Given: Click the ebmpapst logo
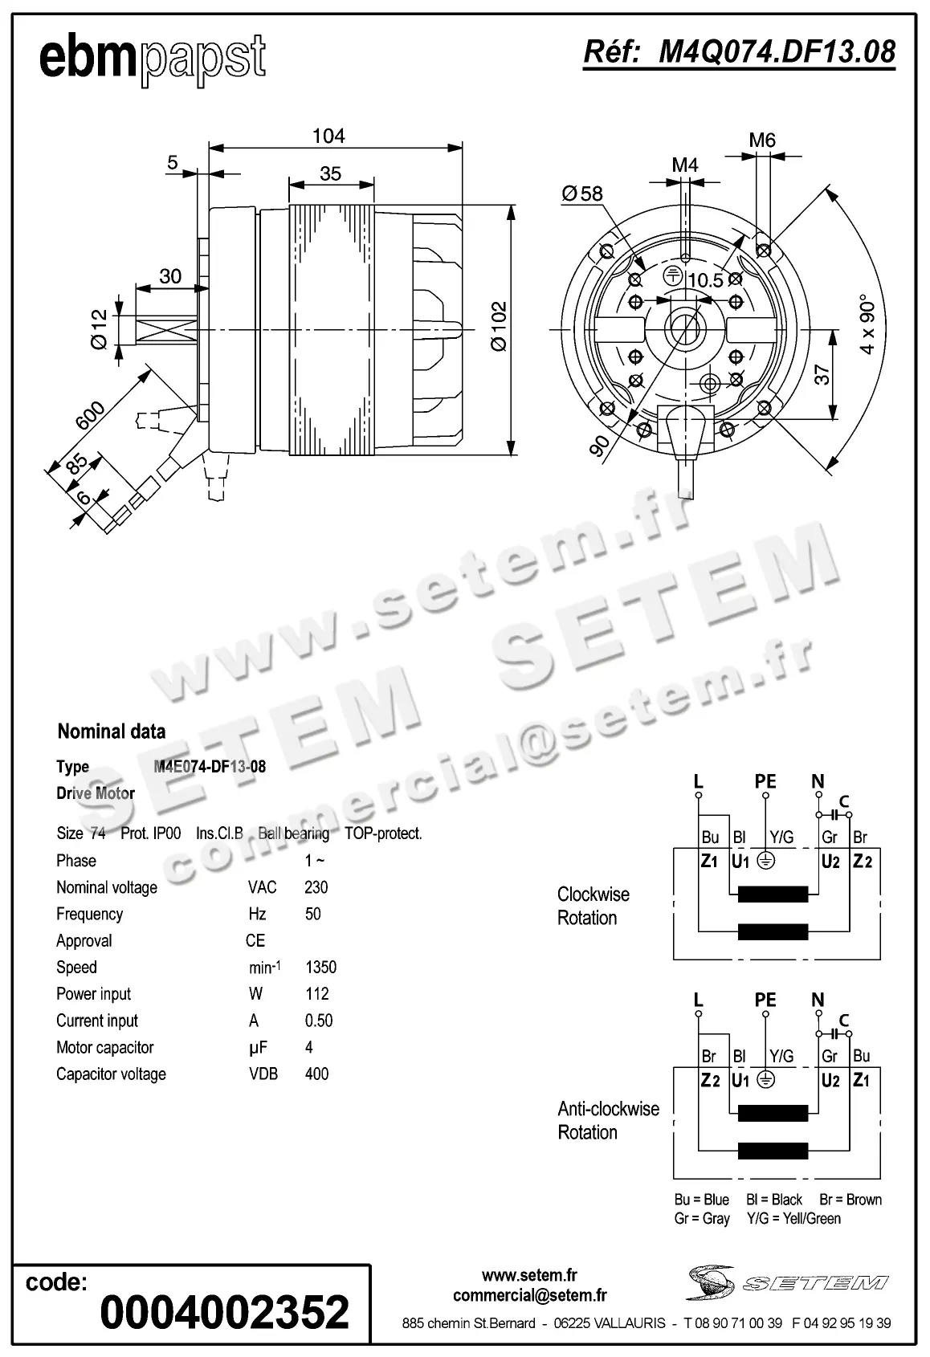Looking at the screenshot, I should click(153, 58).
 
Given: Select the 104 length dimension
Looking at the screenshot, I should click(328, 136).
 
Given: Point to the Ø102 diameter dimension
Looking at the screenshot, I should click(499, 326).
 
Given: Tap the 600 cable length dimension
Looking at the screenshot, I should click(90, 416).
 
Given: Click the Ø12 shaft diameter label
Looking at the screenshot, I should click(99, 329).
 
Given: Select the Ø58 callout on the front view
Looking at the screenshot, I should click(582, 194).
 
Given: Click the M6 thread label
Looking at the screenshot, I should click(762, 141).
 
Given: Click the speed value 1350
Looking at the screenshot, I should click(320, 967).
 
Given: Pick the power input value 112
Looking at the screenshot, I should click(317, 994).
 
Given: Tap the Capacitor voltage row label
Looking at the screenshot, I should click(111, 1074).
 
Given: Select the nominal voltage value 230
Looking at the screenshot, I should click(316, 887).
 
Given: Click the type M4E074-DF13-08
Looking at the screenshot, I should click(210, 766).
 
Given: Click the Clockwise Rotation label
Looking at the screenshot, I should click(593, 906).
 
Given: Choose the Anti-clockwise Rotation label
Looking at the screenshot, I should click(608, 1120).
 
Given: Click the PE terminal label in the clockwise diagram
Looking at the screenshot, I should click(765, 780).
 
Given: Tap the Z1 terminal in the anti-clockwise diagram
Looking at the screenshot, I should click(862, 1080).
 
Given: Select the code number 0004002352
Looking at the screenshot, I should click(225, 1312).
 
